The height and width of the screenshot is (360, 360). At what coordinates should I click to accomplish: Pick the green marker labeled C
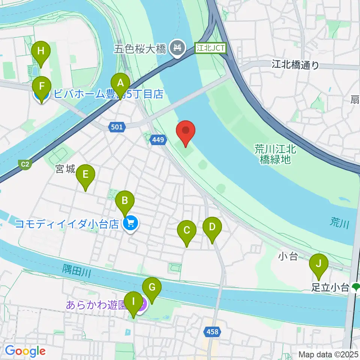(187, 232)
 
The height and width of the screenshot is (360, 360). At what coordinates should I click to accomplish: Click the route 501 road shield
(117, 127)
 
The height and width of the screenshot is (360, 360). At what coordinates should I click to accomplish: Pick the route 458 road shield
(212, 331)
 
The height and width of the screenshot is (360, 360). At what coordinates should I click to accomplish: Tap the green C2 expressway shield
(25, 164)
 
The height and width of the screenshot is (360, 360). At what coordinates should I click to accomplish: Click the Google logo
(25, 351)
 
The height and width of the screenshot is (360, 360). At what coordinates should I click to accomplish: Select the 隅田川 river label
(77, 271)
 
